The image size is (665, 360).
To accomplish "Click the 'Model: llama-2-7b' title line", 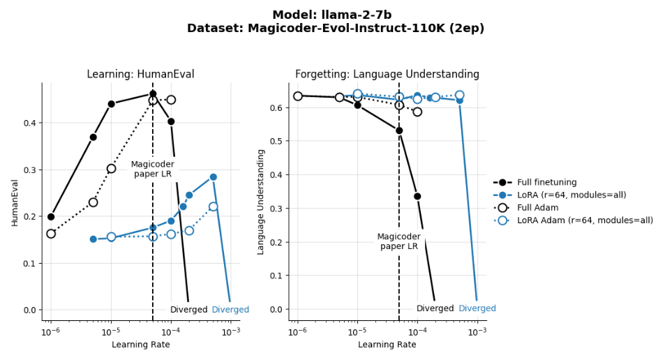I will (x=331, y=15).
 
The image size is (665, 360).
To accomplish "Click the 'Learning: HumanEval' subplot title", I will (x=140, y=74).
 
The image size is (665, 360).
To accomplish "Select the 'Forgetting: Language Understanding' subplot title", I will (x=387, y=74).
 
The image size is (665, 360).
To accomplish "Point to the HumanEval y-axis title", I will (x=15, y=202).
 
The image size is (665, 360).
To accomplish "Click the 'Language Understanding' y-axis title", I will (x=262, y=202).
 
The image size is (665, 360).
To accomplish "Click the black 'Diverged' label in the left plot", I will (x=188, y=310).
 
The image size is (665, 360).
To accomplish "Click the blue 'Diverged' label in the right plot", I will (x=477, y=308).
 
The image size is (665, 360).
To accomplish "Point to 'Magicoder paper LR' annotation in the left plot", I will (x=152, y=169).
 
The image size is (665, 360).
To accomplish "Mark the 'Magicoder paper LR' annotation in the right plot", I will (x=398, y=241).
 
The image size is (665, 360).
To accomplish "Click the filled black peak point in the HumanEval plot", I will (x=153, y=93).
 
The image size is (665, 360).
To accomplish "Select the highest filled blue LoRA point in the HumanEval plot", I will (x=213, y=177).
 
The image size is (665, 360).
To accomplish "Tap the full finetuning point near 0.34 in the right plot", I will (x=417, y=196).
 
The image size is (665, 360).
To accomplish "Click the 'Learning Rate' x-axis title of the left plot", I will (x=140, y=345).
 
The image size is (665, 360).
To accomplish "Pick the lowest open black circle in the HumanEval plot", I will (x=51, y=234).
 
